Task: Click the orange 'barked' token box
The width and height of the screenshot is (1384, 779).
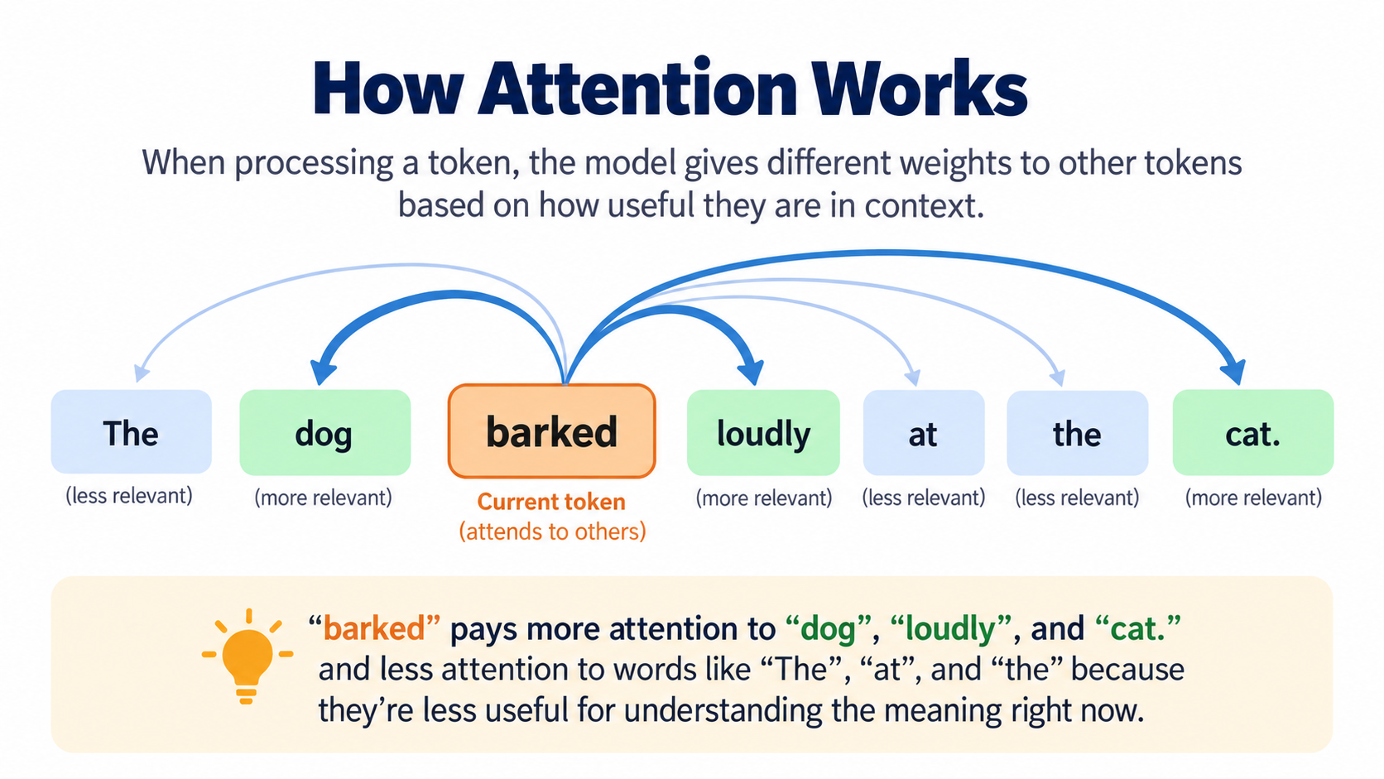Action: click(552, 431)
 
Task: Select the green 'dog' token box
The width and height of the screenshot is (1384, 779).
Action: click(325, 432)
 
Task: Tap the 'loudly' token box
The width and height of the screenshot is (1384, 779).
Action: click(763, 432)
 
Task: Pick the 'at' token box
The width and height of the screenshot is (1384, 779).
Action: click(924, 432)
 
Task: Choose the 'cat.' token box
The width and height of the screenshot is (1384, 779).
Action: click(1253, 432)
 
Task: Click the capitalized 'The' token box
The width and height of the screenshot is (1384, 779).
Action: click(131, 432)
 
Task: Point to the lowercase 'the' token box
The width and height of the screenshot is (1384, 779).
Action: click(1078, 432)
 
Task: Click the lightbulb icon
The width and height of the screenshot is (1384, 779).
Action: click(247, 656)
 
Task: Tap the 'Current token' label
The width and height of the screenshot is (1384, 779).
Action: click(551, 502)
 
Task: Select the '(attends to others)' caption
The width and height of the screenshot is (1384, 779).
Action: click(552, 531)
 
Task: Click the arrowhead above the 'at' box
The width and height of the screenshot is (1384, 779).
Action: click(913, 377)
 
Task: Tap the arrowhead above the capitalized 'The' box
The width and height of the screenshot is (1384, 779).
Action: click(141, 373)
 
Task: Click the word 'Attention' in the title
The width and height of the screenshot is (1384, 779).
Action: click(637, 88)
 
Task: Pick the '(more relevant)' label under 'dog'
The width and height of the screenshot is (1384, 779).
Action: click(324, 498)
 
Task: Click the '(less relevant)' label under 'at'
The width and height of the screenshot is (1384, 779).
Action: click(924, 498)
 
